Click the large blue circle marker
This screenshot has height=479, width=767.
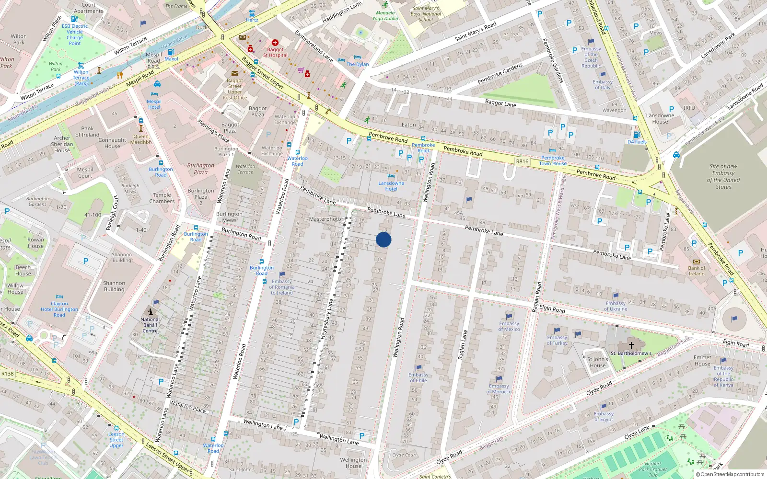[x=383, y=239]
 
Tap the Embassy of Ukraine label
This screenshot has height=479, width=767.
[x=616, y=306]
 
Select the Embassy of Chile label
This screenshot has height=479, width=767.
[x=418, y=377]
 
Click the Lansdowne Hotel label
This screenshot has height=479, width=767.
[x=391, y=186]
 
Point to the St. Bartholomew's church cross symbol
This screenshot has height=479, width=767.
[x=631, y=345]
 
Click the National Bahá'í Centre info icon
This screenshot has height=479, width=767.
[x=150, y=311]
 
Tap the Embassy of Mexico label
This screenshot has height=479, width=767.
[x=509, y=326]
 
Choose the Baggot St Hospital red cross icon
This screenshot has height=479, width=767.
[x=275, y=43]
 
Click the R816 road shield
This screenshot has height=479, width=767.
[x=522, y=161]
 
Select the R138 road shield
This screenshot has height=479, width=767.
[x=7, y=374]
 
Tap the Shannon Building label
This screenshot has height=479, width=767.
[x=114, y=286]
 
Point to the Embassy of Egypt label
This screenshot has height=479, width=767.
[x=604, y=416]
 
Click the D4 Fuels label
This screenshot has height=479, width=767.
[x=637, y=142]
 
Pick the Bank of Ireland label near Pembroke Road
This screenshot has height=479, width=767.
[x=697, y=271]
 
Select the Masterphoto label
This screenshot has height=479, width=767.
[x=325, y=219]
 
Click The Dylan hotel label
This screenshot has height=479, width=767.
[x=358, y=64]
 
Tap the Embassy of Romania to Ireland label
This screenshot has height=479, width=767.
[x=282, y=287]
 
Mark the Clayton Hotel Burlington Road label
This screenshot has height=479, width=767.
[x=59, y=309]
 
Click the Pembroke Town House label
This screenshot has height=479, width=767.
[x=553, y=160]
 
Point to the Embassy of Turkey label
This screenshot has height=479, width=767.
[x=557, y=340]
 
